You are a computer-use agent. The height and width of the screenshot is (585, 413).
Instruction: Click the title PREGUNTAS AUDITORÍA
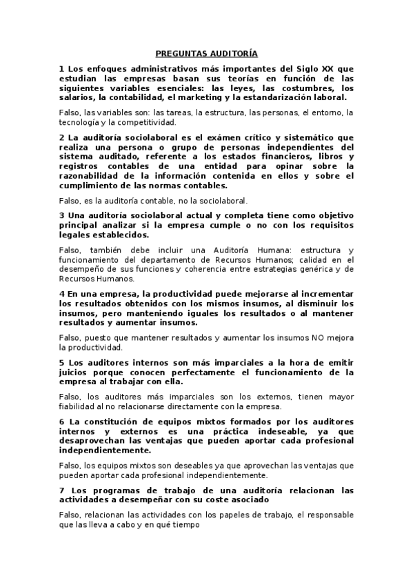[206, 53]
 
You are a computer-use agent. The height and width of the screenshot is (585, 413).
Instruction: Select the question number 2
[62, 137]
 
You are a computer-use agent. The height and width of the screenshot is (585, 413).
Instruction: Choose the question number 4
[62, 293]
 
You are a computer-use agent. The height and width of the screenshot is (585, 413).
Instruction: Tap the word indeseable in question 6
[284, 430]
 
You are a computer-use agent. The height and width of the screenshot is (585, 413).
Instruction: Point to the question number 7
[62, 490]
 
